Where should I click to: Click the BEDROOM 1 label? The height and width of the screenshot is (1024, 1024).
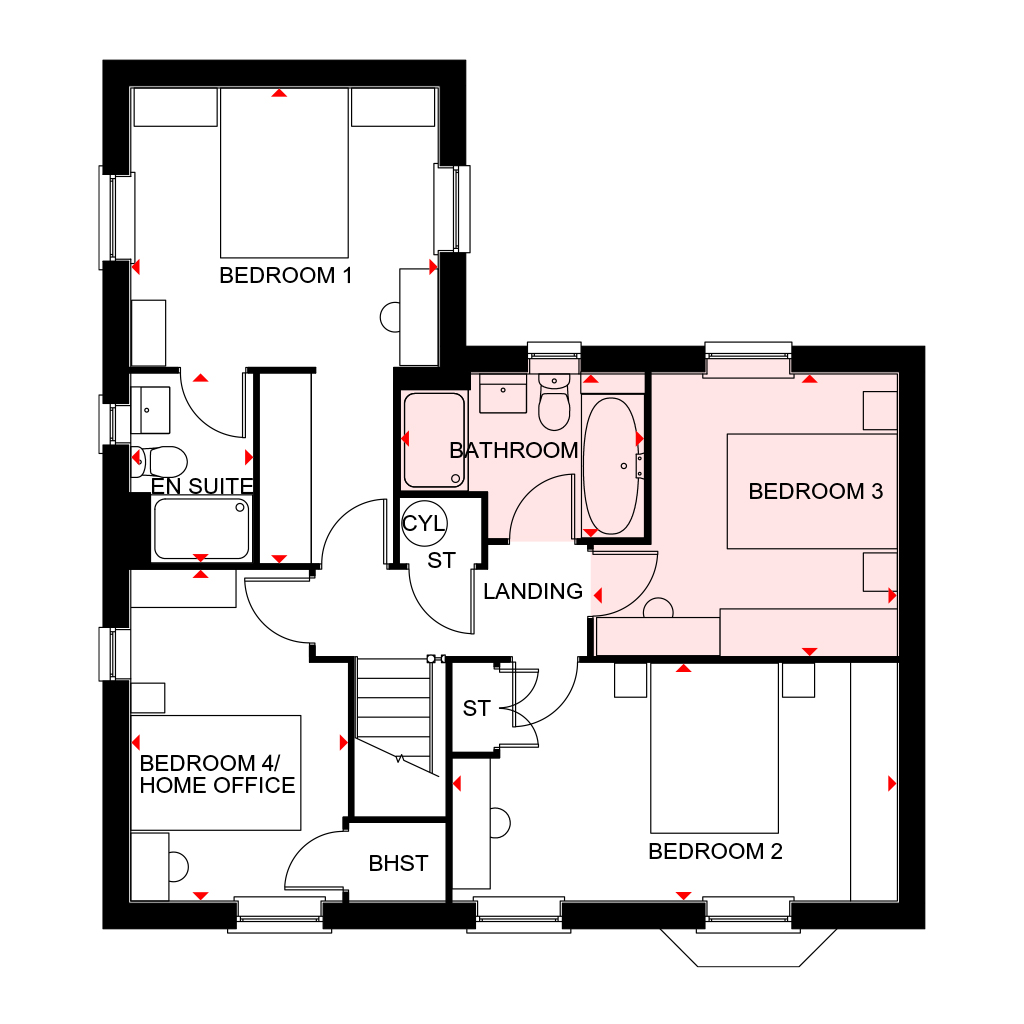click(286, 275)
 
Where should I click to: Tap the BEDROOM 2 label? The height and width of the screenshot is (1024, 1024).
click(715, 852)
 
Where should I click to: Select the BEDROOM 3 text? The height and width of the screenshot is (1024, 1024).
click(816, 492)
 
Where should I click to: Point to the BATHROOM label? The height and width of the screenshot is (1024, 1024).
click(513, 451)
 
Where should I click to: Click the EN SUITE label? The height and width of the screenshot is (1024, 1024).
click(201, 486)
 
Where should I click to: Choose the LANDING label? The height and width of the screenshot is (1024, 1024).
click(533, 591)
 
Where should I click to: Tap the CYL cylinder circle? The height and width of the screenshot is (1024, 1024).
click(425, 523)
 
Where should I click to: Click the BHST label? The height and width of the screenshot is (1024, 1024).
click(398, 863)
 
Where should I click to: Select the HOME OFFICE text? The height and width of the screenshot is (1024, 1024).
click(217, 785)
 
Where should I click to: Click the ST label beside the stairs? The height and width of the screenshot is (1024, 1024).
click(477, 708)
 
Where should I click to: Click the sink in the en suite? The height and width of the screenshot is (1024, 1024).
click(150, 406)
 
